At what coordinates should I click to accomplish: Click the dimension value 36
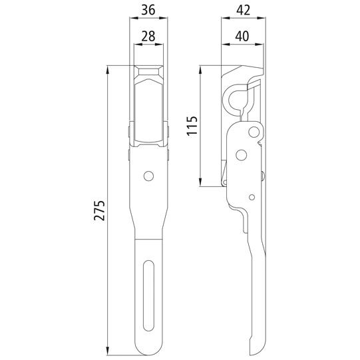coord(148,10)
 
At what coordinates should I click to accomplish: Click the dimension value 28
coord(148,37)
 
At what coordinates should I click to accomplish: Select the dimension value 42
coord(243,10)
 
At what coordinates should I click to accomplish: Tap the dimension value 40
coord(242,37)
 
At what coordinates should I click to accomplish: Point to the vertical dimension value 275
coord(99,210)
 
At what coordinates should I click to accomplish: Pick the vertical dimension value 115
coord(192,126)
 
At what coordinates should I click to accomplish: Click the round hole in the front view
coord(149,176)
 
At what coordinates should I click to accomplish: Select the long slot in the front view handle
coord(148,295)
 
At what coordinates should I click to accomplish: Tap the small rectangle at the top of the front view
coord(148,72)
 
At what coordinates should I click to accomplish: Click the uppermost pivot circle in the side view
coord(254,132)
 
